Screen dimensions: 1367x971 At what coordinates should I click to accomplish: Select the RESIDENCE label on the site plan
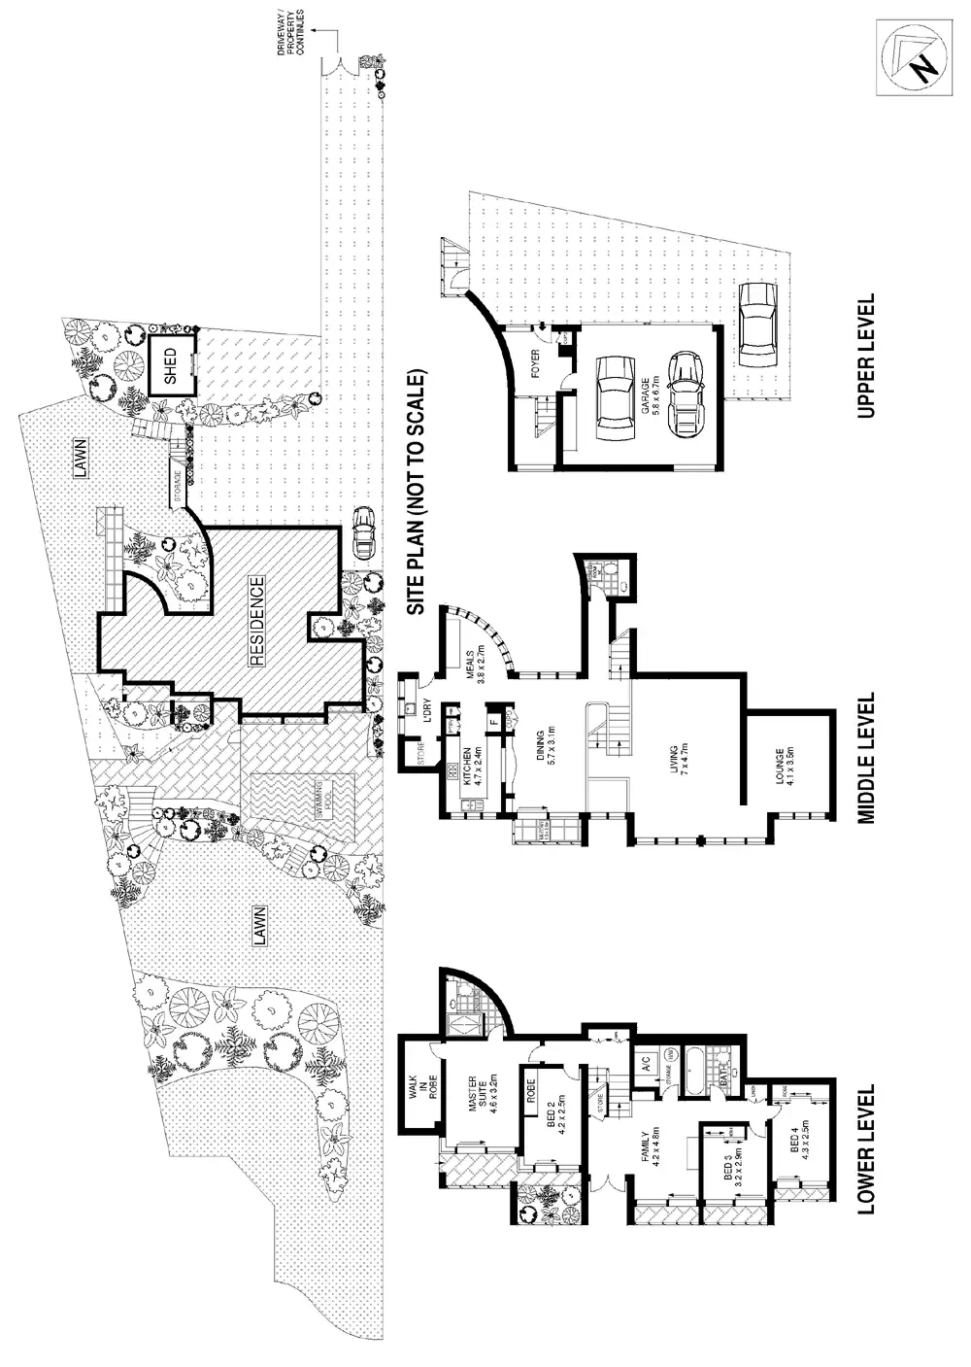click(257, 622)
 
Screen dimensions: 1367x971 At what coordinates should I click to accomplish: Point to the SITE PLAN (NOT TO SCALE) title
click(417, 492)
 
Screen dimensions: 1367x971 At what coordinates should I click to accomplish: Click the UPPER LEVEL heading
click(867, 357)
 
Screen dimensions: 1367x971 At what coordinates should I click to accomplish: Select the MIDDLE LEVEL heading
click(867, 759)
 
